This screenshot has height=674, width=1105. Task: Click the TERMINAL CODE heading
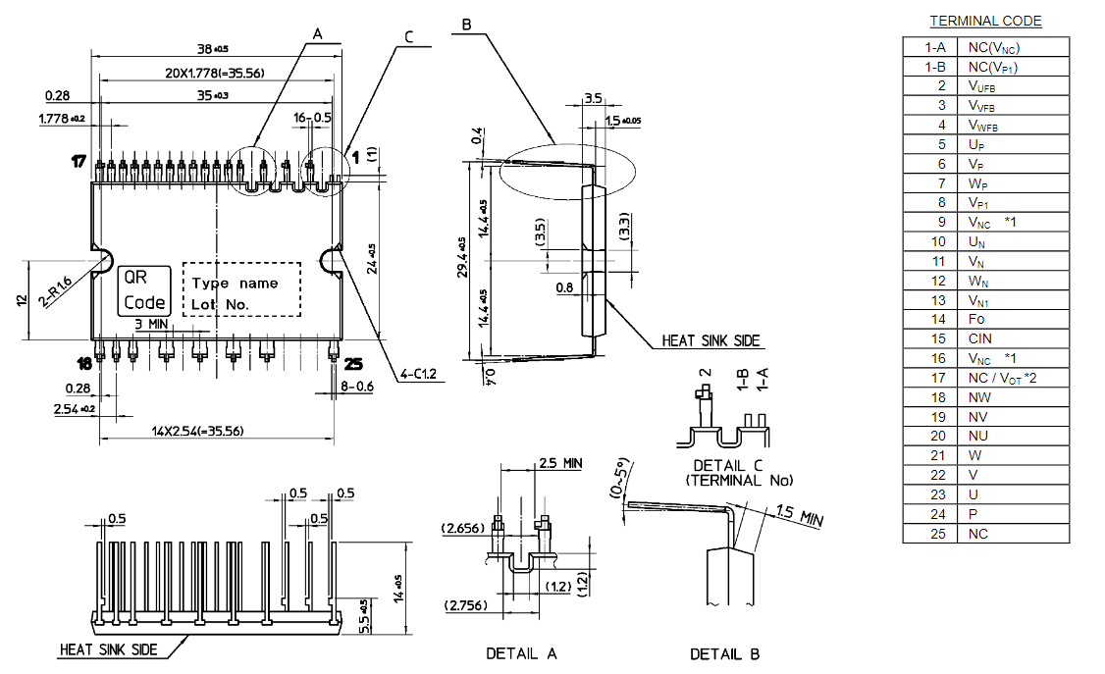pos(985,21)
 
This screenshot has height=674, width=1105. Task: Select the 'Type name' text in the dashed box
pos(235,283)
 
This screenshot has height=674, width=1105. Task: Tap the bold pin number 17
pos(79,159)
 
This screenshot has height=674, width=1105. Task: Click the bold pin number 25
pos(353,364)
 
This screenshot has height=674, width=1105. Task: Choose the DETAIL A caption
pos(521,653)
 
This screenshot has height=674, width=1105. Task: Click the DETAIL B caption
pos(724,653)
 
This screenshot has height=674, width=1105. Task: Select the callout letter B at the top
pos(466,24)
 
